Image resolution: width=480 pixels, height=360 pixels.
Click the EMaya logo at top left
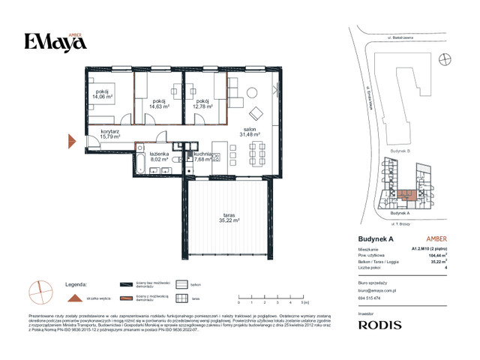coord(47,42)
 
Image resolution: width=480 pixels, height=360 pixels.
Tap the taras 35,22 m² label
coord(226,217)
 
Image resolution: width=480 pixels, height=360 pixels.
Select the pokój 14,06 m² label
coord(102,94)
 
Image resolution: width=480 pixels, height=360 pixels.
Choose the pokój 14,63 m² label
coord(159,104)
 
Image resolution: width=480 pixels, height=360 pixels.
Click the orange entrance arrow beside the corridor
coord(72,139)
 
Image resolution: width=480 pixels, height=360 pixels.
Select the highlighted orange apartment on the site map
coord(406,195)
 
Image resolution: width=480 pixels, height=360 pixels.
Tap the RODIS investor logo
coord(379,325)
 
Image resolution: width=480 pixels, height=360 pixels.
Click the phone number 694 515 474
coord(370,298)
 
